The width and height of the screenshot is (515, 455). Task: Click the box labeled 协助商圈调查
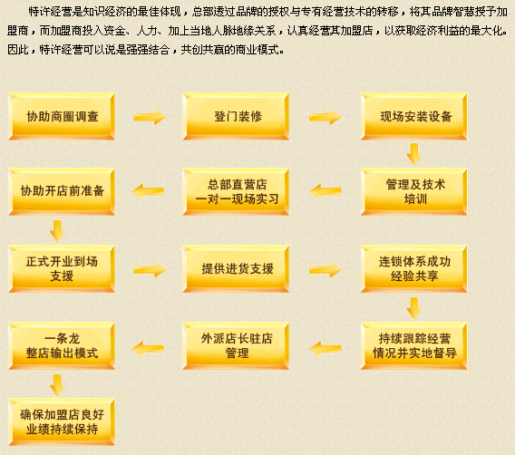pos(62,117)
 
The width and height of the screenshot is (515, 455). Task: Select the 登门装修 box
pos(236,117)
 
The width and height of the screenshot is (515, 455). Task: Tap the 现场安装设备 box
pos(413,117)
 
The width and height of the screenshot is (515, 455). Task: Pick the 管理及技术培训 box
pos(413,192)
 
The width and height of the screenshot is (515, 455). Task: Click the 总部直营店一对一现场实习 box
pos(236,192)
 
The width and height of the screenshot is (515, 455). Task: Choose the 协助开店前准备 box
pos(62,192)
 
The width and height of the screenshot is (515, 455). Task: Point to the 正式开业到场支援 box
pos(62,269)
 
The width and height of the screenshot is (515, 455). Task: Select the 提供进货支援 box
pos(236,269)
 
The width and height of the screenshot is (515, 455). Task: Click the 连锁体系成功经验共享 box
pos(413,269)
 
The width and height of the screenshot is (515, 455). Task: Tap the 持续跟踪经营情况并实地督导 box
pos(413,346)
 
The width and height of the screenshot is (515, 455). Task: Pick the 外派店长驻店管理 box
pos(236,346)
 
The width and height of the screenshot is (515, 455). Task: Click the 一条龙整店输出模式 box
pos(62,346)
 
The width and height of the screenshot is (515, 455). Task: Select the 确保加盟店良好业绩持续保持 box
pos(62,422)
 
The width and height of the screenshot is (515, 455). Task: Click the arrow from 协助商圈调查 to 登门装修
pos(150,117)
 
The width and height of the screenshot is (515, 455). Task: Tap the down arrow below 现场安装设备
pos(414,154)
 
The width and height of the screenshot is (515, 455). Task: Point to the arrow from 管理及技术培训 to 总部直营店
pos(326,191)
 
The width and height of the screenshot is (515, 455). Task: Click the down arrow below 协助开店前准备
pos(57,231)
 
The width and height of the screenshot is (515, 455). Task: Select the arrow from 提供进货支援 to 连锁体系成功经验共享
pos(326,270)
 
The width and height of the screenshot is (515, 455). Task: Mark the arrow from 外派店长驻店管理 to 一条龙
pos(148,348)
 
